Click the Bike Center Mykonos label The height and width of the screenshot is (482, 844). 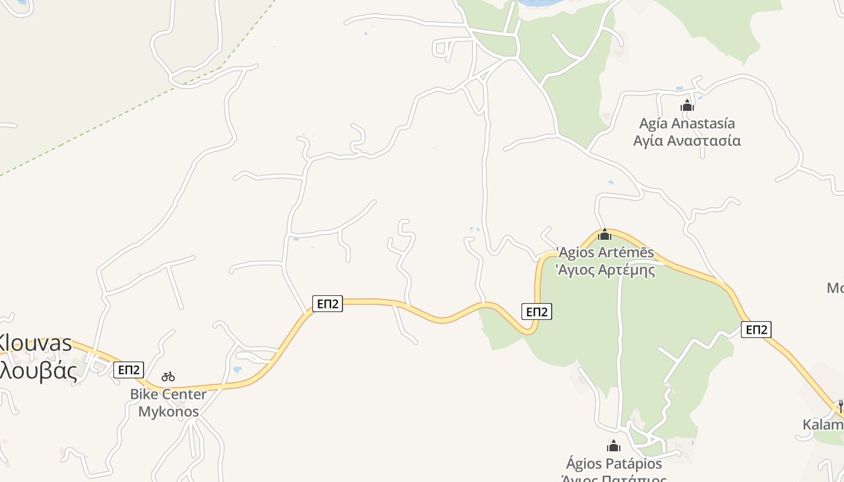click(168, 403)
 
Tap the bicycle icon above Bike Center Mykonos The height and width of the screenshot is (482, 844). click(168, 377)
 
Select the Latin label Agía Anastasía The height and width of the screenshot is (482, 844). click(687, 124)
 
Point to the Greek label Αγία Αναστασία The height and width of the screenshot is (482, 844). click(687, 141)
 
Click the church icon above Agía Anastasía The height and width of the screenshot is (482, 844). click(687, 106)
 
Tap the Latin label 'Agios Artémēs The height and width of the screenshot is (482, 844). click(605, 252)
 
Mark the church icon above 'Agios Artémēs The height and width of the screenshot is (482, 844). click(605, 234)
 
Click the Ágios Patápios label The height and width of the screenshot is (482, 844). click(614, 464)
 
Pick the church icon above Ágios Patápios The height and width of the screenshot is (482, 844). click(614, 446)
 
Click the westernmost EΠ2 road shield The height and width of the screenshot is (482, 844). click(129, 369)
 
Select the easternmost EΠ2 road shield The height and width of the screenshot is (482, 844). click(756, 329)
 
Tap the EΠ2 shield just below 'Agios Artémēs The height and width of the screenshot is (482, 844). click(536, 311)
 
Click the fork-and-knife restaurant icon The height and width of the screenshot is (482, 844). click(840, 406)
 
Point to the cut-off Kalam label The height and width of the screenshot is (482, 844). click(824, 425)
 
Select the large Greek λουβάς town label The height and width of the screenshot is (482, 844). click(39, 370)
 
